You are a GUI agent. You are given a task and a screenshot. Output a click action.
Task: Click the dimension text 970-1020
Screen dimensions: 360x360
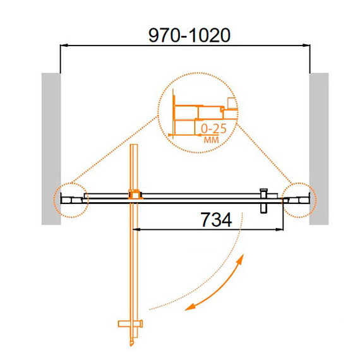189,35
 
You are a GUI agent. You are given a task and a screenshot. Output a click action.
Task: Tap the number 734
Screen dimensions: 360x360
216,220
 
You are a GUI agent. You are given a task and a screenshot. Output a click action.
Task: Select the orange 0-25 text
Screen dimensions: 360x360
213,129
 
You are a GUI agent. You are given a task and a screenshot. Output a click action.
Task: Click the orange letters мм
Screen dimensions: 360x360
211,140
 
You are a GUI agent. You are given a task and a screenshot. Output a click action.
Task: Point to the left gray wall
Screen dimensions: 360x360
51,149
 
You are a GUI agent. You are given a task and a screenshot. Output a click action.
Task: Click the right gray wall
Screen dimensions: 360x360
319,149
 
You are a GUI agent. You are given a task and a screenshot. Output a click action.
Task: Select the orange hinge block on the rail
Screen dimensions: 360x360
135,195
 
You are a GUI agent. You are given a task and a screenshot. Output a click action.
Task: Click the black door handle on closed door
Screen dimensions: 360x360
263,201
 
